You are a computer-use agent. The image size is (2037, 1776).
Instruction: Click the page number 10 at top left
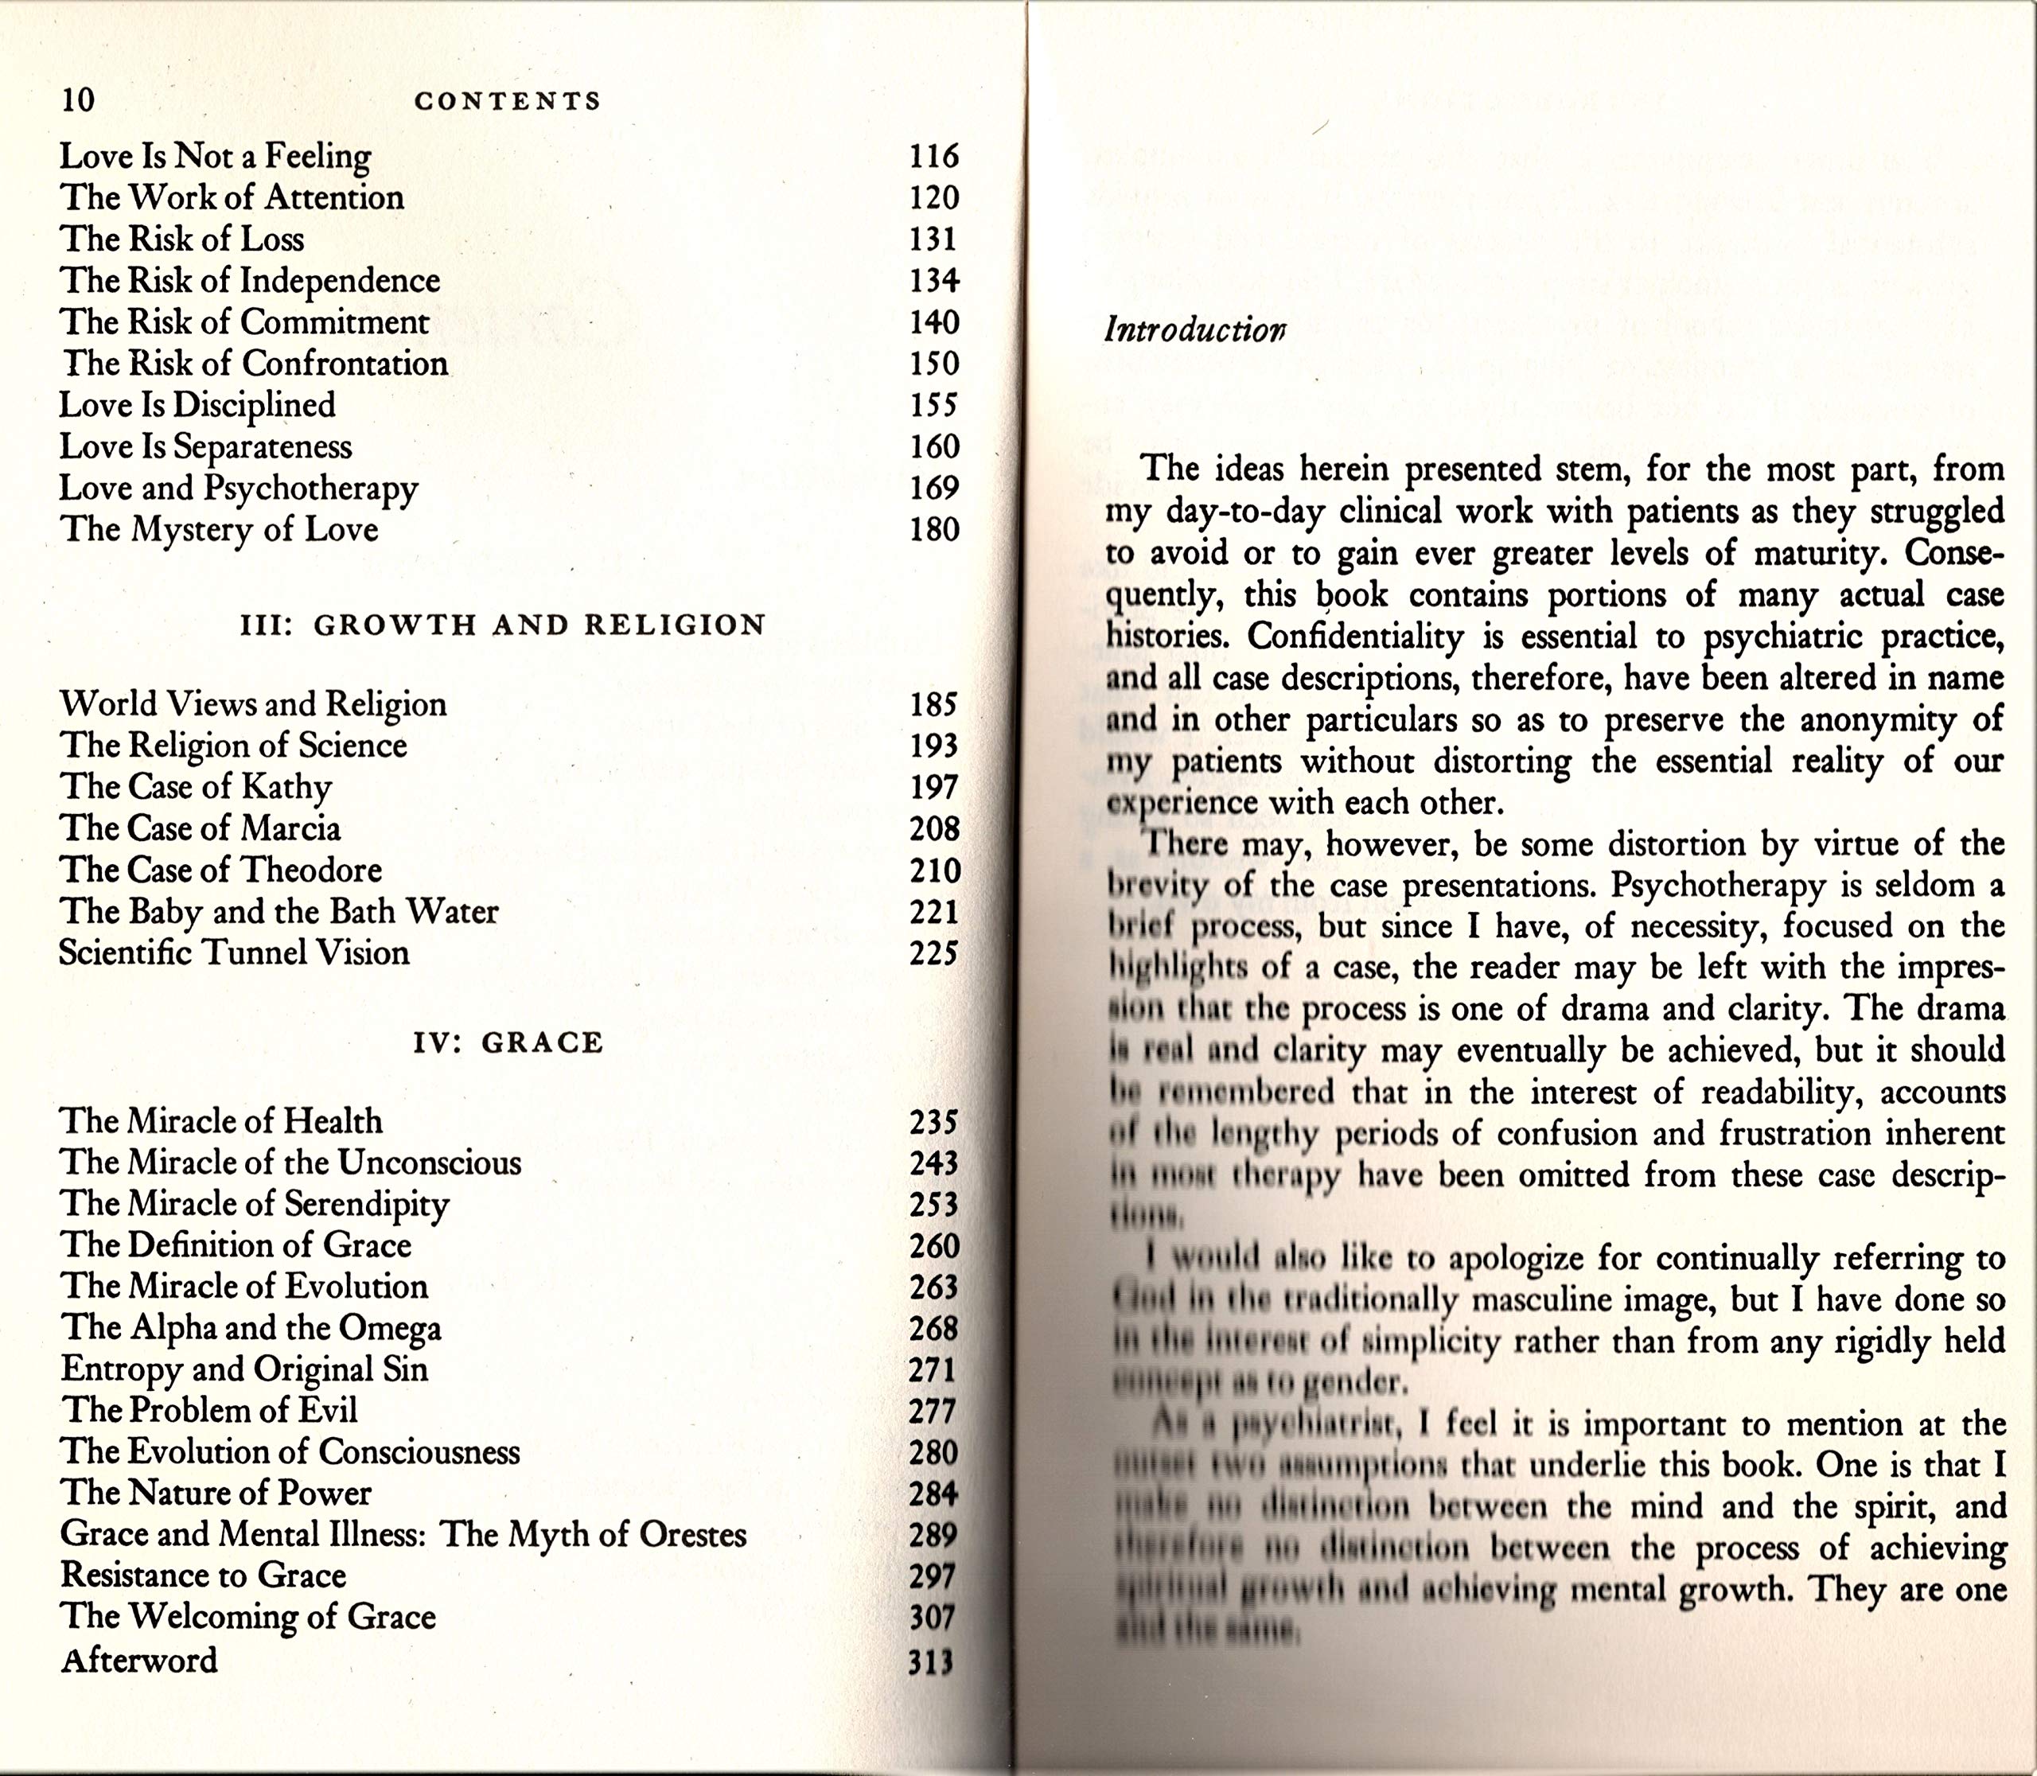click(78, 99)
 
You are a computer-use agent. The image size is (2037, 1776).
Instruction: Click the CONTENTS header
click(508, 101)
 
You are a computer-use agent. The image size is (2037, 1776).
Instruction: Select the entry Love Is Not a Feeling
click(215, 157)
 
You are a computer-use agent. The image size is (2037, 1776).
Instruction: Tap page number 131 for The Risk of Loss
click(933, 239)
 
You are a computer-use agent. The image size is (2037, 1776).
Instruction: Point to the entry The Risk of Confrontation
click(254, 364)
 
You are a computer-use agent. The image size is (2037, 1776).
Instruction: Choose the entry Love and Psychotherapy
click(238, 489)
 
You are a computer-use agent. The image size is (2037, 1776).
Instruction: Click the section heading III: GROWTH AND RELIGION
click(504, 625)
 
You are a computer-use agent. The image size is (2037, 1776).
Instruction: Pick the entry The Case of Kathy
click(195, 787)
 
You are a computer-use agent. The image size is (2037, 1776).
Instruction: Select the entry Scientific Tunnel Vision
click(234, 953)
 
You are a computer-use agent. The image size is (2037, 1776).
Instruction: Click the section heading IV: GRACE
click(508, 1042)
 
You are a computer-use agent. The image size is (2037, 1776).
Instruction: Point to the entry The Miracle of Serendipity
click(255, 1204)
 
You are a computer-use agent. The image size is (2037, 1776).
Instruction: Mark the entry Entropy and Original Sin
click(243, 1369)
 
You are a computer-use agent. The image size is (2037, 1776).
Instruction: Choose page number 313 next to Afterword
click(932, 1662)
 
